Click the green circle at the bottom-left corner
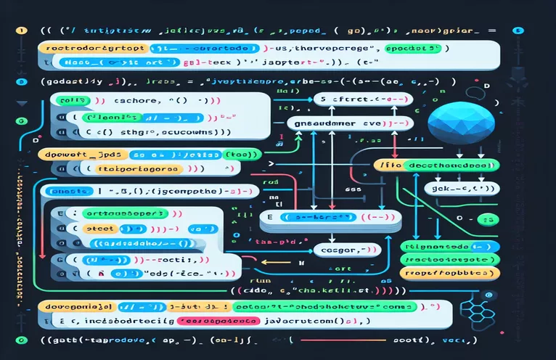pyautogui.click(x=20, y=340)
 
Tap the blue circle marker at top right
pyautogui.click(x=518, y=31)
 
